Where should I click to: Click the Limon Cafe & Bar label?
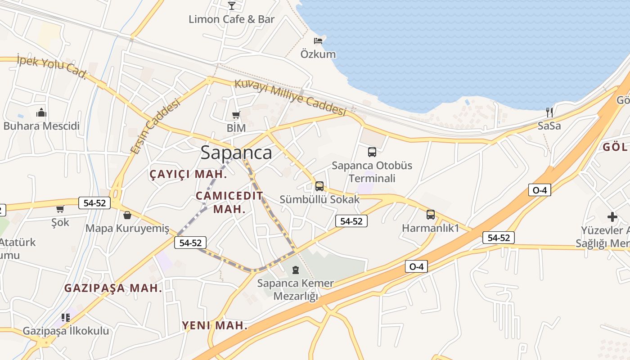231,19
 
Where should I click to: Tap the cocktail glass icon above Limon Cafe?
231,5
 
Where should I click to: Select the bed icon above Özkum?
318,41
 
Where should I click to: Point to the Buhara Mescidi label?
41,126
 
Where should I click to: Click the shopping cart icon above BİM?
236,115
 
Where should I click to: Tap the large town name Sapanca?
236,153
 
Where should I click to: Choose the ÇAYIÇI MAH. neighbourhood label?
188,175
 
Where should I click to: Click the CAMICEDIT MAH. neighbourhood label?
229,202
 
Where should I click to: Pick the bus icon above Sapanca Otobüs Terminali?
372,152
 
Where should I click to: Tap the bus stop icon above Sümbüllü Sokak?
319,186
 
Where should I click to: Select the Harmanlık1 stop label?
430,228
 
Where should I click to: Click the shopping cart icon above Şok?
60,209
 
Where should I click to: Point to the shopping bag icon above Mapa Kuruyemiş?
127,215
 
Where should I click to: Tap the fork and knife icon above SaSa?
549,112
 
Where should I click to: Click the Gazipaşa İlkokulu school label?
66,331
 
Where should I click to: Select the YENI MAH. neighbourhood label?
215,325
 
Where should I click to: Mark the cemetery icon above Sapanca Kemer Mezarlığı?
295,270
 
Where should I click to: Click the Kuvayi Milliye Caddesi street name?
290,98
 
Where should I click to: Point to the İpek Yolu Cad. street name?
51,67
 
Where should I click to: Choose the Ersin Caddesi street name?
155,126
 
